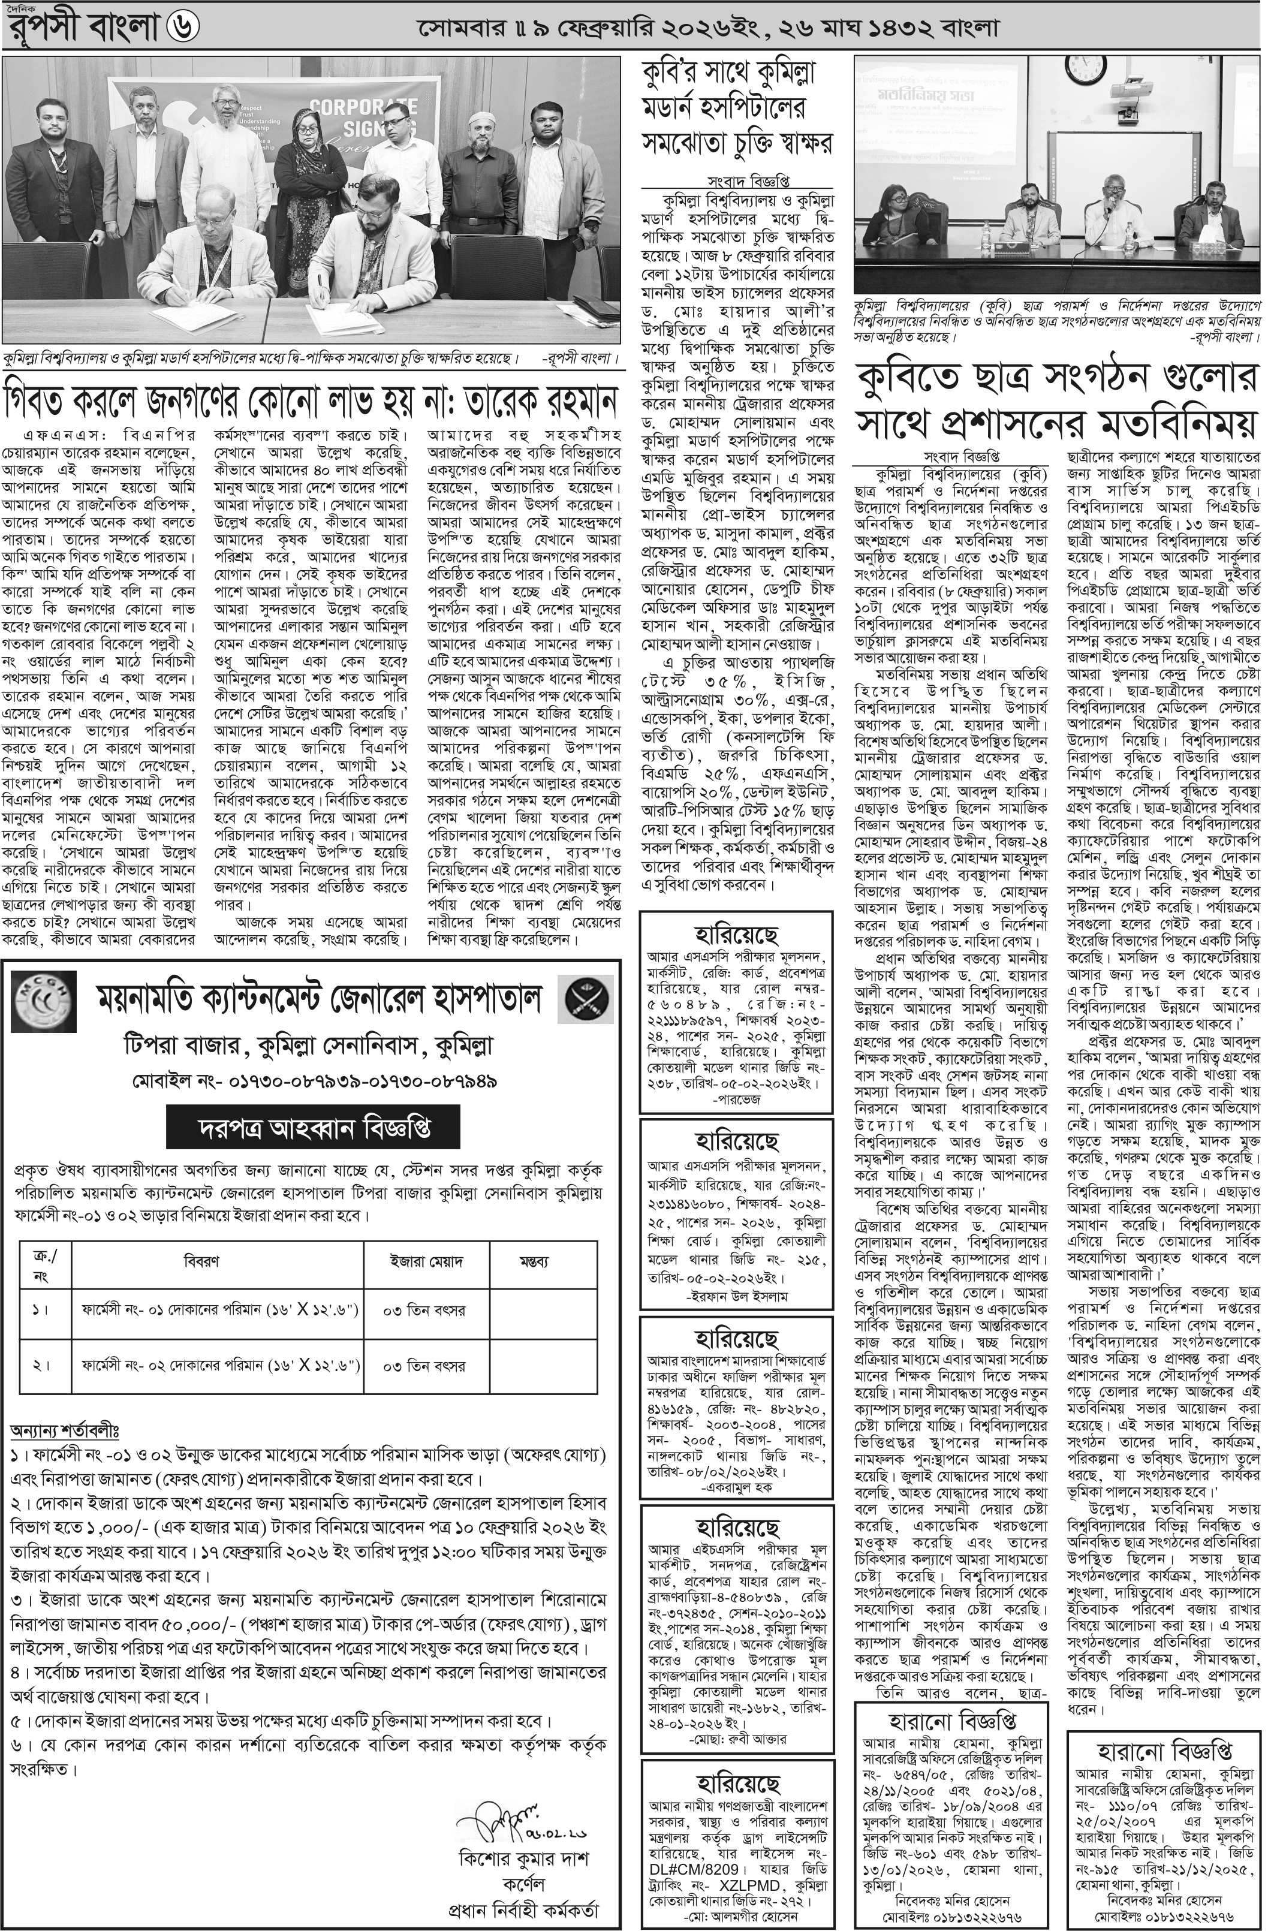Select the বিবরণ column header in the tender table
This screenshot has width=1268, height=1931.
click(201, 1261)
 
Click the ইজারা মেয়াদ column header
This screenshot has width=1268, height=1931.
click(427, 1261)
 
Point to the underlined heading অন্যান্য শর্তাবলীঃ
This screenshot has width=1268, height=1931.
click(65, 1428)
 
